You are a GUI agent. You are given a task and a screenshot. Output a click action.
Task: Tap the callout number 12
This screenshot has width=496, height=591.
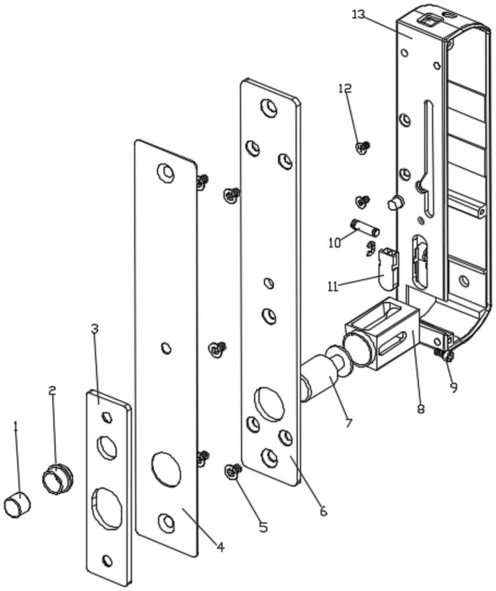click(345, 88)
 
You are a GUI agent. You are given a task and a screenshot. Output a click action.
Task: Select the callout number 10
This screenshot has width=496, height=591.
click(334, 243)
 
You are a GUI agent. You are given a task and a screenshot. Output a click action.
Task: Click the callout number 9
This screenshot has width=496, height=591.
click(453, 387)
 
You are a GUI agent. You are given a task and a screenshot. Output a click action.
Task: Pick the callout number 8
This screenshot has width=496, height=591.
click(420, 408)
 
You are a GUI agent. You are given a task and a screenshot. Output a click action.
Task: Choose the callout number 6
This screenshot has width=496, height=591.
click(323, 511)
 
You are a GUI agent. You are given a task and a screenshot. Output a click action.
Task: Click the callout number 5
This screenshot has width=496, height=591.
click(263, 527)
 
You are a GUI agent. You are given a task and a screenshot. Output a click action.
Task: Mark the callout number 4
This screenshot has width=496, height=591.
click(220, 547)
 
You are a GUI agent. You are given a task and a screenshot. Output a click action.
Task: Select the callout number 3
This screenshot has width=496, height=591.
click(95, 329)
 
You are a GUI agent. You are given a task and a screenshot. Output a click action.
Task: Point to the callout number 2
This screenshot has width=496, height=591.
click(53, 391)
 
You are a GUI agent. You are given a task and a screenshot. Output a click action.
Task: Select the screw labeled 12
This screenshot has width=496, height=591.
click(363, 147)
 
